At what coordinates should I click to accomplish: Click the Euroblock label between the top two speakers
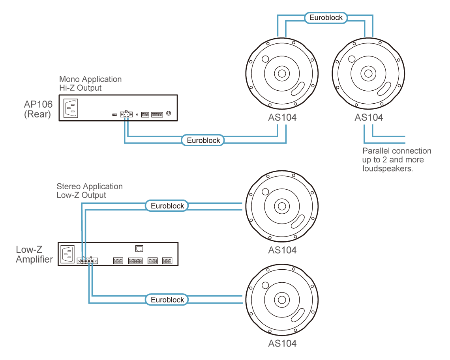326,17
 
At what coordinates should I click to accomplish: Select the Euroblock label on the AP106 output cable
203,140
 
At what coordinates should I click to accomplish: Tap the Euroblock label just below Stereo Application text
167,206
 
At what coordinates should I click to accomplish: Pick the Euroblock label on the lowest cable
167,300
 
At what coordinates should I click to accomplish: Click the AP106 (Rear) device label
38,110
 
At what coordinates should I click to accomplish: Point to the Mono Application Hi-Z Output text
90,83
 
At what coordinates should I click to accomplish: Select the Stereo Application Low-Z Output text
90,191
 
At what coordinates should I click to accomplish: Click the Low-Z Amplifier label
34,254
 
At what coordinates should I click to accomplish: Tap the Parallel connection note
396,160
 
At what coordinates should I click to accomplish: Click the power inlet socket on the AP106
71,107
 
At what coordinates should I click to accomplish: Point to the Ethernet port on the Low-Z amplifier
139,248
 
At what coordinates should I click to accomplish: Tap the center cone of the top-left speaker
282,73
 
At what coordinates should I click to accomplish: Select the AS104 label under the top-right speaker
369,118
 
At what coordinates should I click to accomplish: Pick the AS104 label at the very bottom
282,343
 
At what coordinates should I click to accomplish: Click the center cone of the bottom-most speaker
282,300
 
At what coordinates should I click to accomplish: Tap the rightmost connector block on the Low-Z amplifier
167,261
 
